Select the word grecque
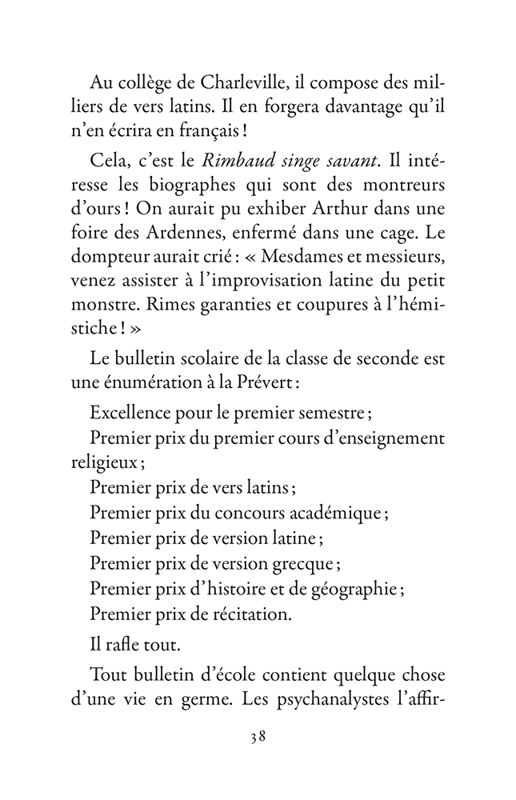[305, 563]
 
